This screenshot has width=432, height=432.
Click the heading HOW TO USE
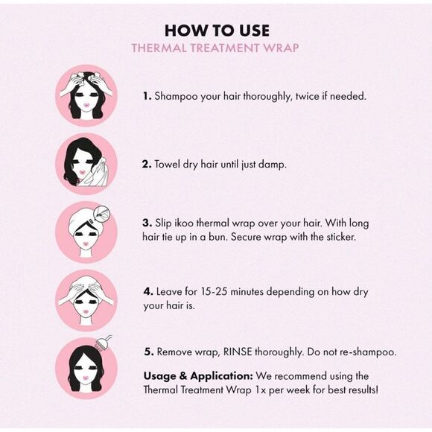(x=217, y=31)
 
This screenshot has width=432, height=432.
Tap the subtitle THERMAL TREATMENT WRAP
(x=215, y=48)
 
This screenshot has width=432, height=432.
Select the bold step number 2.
(x=147, y=164)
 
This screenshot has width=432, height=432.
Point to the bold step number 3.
(x=147, y=223)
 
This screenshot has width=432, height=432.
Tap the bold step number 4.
(x=148, y=291)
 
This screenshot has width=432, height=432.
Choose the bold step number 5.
(x=149, y=352)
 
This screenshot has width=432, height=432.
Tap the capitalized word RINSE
(x=238, y=352)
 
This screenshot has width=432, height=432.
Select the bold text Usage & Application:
(x=198, y=376)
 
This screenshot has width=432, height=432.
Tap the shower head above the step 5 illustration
(x=103, y=344)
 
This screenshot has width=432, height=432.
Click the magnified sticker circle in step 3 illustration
(x=101, y=213)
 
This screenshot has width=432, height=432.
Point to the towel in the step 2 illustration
(x=96, y=173)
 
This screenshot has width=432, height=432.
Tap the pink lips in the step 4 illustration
(x=86, y=311)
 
